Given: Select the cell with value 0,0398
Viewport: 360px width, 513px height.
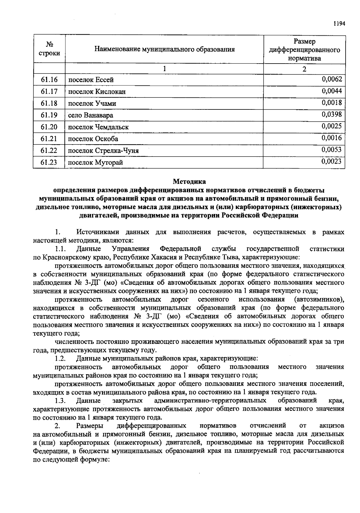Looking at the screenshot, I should [331, 114].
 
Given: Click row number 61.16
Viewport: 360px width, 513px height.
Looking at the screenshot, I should [49, 80].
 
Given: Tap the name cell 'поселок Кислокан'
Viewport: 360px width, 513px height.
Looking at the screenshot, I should [97, 92].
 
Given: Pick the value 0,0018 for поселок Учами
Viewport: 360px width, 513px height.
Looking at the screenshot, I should [331, 103].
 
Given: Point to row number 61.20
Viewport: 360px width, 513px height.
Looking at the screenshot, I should [49, 127].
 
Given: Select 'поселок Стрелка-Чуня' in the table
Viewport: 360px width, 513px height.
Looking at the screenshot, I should [103, 151].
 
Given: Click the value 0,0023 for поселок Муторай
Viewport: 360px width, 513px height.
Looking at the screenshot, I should [331, 162].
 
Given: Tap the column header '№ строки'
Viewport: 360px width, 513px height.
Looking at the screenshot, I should [49, 49].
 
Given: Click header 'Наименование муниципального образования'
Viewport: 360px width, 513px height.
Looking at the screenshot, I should [164, 49].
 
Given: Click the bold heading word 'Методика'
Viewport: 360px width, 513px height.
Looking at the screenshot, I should [189, 181].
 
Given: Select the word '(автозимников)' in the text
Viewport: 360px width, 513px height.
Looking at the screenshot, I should [319, 300].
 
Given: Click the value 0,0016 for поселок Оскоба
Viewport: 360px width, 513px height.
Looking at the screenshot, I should [331, 138].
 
